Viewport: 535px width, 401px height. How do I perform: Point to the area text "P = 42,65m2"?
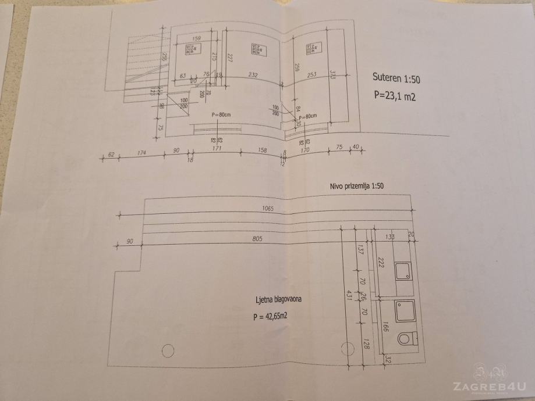click(x=272, y=317)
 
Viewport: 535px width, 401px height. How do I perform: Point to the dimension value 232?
click(x=252, y=74)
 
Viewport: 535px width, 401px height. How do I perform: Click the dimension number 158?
click(x=262, y=151)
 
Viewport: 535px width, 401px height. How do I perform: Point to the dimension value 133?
click(x=390, y=237)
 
